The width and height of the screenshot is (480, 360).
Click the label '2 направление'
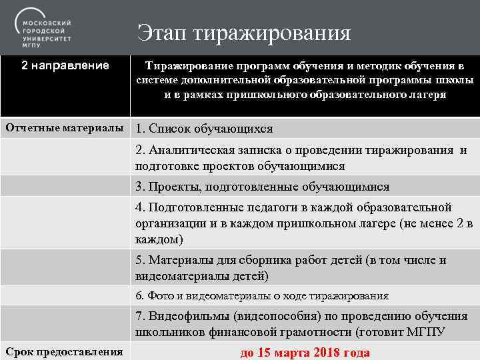(x=65, y=65)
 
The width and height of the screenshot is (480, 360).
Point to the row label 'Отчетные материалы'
(x=65, y=127)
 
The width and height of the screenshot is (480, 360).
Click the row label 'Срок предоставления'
(x=65, y=351)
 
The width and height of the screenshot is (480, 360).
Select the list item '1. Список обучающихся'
(x=203, y=129)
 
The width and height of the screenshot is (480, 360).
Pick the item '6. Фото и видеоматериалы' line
(x=261, y=295)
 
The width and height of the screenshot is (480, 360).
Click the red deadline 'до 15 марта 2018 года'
(x=305, y=353)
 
